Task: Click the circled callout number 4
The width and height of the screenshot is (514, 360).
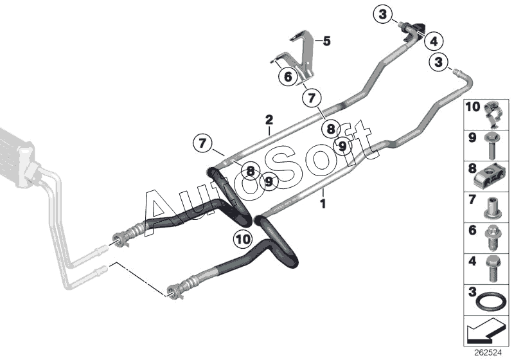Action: pyautogui.click(x=434, y=41)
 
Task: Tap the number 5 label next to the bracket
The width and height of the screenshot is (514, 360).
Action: pyautogui.click(x=326, y=42)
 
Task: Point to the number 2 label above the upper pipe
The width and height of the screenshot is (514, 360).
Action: pyautogui.click(x=269, y=119)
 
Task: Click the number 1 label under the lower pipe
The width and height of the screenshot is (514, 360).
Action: pyautogui.click(x=323, y=204)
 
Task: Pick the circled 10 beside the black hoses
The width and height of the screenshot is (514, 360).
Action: pyautogui.click(x=243, y=240)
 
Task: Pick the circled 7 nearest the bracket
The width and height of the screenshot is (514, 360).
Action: pyautogui.click(x=311, y=98)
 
